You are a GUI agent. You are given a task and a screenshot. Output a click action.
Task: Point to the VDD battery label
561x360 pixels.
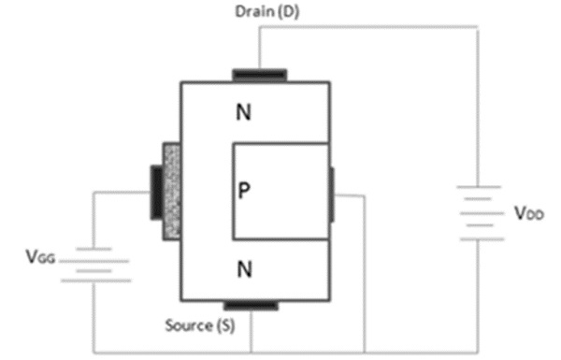[x=526, y=214]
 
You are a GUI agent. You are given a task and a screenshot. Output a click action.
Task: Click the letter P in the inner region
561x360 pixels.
[x=244, y=191]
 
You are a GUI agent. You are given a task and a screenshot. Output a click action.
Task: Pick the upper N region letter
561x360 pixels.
[x=245, y=114]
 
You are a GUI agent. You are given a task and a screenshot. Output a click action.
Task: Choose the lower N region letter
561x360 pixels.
[x=245, y=271]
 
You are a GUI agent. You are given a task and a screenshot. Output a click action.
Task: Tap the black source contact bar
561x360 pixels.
[x=251, y=304]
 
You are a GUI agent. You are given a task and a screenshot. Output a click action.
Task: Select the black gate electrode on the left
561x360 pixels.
[x=155, y=192]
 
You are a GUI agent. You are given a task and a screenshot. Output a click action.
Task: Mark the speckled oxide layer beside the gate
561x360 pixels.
[x=171, y=191]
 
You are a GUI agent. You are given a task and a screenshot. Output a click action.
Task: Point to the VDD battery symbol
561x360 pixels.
[x=478, y=214]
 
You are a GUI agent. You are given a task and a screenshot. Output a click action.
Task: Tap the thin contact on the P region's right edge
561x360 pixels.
[x=331, y=195]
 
